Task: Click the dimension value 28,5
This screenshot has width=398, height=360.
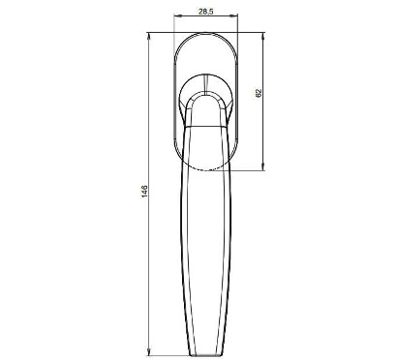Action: click(205, 12)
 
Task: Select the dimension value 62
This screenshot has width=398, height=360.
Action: click(259, 93)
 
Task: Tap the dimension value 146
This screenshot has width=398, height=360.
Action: click(144, 192)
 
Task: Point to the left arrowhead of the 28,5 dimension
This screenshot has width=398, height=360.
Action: click(177, 15)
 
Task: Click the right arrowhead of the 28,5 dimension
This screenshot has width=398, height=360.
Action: click(234, 15)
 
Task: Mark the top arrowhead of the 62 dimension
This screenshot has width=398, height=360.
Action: click(262, 36)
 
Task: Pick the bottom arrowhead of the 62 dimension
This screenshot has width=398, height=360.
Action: click(262, 167)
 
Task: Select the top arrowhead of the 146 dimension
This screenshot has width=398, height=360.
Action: click(149, 36)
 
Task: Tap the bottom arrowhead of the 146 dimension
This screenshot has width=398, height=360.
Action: click(149, 351)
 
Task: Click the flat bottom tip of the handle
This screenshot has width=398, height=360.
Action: click(205, 355)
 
